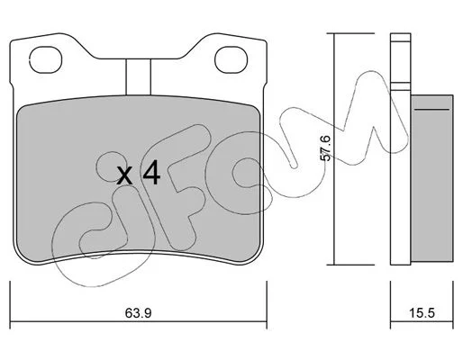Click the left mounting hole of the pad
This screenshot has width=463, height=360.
pos(45,59)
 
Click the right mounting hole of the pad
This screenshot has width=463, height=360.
pos(231,59)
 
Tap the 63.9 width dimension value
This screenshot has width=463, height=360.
pos(139,313)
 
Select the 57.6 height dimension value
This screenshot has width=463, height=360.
pos(325,148)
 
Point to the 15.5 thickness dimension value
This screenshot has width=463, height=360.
pos(422,313)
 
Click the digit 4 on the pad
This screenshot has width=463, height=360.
pos(151,172)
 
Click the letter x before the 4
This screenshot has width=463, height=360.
pos(124,175)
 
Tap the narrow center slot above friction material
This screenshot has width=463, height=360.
pos(138,76)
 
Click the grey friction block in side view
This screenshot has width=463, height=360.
pos(431,178)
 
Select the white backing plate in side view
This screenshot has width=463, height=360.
pos(400,149)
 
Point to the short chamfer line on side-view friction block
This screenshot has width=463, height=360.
pos(431,110)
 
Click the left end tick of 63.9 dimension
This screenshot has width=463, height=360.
pos(10,305)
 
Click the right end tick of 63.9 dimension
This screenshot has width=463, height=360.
pos(267,305)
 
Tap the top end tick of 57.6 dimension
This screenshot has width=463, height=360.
pos(350,33)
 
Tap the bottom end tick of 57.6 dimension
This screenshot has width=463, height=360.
pos(350,265)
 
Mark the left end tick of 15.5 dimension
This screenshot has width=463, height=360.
pos(390,305)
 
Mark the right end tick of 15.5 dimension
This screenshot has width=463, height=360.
pos(453,305)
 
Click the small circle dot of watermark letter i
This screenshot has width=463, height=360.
pos(112,166)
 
